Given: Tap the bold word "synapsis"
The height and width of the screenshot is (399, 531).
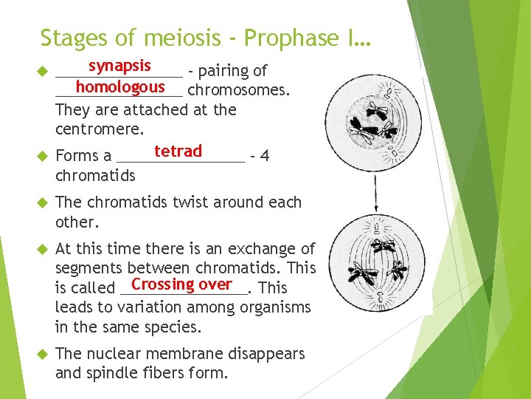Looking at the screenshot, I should point(119,66).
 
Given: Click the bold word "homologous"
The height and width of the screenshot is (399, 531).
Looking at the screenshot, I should point(119,86).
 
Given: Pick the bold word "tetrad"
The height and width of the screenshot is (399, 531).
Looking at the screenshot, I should point(178,151).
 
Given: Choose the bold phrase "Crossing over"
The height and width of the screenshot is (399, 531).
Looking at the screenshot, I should point(181,284).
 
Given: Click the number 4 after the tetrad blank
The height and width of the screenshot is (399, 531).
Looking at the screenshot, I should point(265,156).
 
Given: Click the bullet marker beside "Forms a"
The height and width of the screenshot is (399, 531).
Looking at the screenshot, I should point(42,157).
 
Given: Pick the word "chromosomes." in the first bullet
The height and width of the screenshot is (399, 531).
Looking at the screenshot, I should point(239,91).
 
